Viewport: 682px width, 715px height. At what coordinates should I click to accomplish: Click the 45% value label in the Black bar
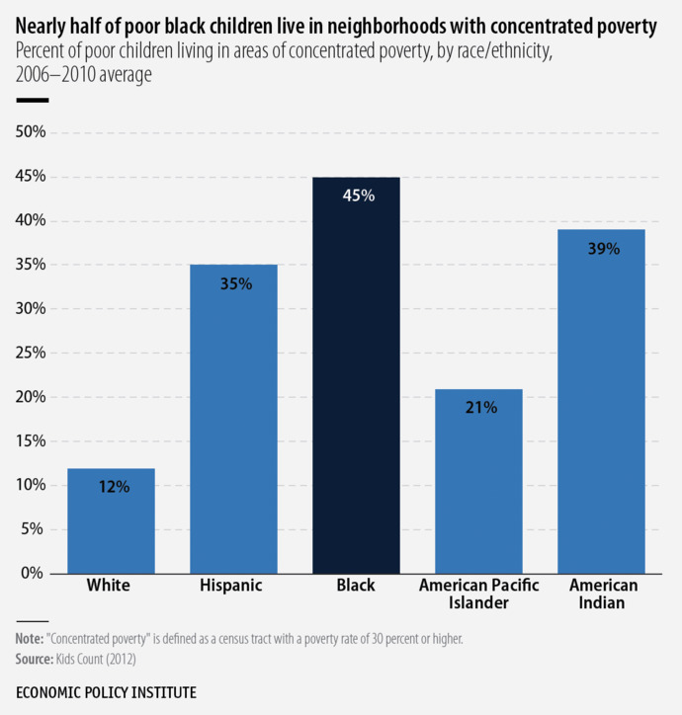pos(358,196)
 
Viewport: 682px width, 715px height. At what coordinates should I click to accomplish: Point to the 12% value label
pos(113,486)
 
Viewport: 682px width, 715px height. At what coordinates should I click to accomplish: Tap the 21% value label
pos(480,407)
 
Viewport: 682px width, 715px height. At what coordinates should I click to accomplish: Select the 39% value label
pos(603,249)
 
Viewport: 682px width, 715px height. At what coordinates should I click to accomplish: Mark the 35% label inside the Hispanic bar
pos(235,283)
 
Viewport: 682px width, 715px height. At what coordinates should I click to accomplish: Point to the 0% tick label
pos(32,573)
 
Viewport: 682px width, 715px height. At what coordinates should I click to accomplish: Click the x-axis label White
pos(109,586)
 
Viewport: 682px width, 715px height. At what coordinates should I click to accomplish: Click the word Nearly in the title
pos(41,28)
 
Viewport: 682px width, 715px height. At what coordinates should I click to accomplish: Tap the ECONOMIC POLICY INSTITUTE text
pos(106,692)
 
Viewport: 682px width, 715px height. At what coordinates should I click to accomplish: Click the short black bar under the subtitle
pos(32,101)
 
